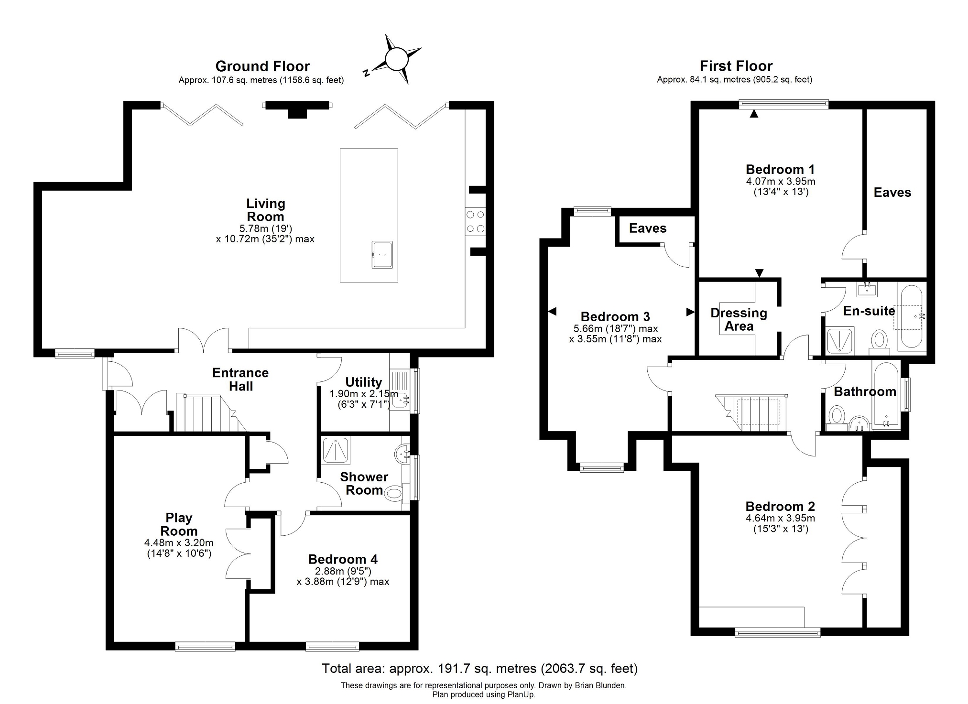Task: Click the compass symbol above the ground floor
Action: pos(396,60)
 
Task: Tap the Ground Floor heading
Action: pos(262,66)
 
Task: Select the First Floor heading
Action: pos(736,66)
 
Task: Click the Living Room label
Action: pos(265,210)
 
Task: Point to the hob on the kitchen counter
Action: pos(475,222)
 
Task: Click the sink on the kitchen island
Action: pos(382,255)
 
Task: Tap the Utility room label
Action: pos(363,382)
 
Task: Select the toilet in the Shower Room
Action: pos(393,493)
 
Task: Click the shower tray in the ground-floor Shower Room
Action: pos(336,450)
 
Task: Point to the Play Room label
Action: pos(179,524)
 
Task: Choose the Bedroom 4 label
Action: pos(343,559)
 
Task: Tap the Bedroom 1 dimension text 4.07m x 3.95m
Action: pos(780,182)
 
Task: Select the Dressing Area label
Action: pos(739,320)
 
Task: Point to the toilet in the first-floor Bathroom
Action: pos(837,414)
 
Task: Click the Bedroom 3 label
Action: pos(615,316)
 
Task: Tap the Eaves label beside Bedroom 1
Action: pos(892,193)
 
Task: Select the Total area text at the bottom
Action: pos(479,668)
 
